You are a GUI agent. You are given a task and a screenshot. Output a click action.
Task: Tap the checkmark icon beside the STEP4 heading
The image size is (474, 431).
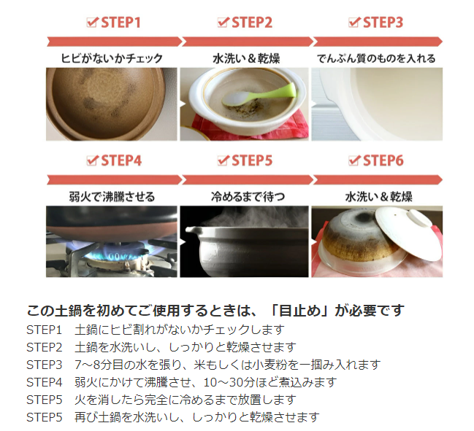(x=92, y=160)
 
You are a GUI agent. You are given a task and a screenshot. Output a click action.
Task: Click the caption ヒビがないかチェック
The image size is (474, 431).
(x=112, y=58)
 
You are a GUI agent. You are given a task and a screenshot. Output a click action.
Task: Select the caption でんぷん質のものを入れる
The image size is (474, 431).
(x=377, y=58)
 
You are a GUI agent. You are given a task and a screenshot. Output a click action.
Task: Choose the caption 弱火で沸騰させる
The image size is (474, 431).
(x=112, y=197)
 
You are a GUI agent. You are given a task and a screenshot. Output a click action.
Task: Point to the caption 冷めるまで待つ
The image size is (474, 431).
(x=248, y=197)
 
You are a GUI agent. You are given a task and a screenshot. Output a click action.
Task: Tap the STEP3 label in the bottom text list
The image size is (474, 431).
(x=44, y=365)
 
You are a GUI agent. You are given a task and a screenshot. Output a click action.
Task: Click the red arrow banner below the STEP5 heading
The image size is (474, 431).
(x=248, y=180)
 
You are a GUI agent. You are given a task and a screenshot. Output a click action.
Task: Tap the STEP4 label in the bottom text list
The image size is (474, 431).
(x=44, y=382)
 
